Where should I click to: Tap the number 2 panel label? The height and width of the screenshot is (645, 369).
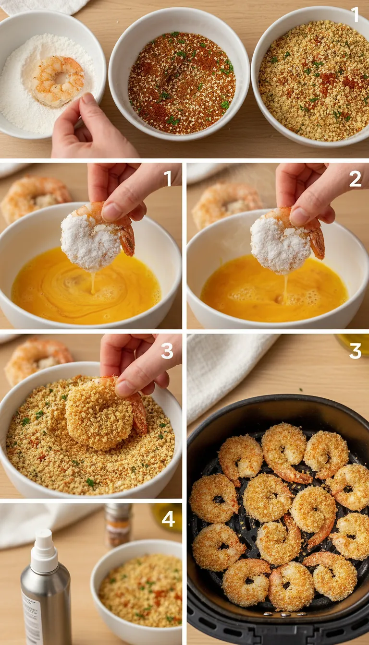coord(355,179)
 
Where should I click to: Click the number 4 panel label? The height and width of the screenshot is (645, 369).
coord(168,519)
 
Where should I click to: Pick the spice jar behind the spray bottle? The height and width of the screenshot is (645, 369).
coord(118,525)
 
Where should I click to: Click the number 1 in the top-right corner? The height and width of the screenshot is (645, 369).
coord(355,14)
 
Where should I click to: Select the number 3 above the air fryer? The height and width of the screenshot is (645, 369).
coord(355,351)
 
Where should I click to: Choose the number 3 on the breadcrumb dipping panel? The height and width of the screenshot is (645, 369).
coord(167,351)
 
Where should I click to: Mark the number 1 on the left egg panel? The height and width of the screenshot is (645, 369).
coord(168,179)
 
